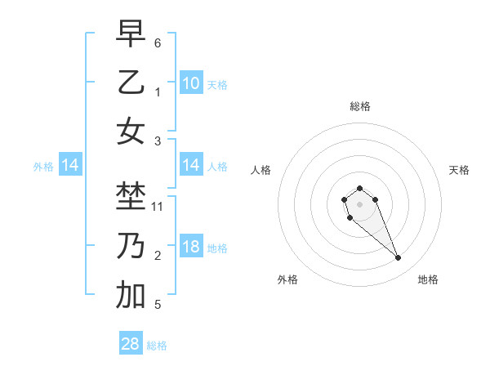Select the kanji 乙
[131, 83]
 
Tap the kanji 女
[131, 132]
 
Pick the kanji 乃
[131, 246]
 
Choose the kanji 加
[131, 296]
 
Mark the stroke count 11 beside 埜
[158, 207]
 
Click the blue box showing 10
[191, 83]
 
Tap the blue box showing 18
[191, 248]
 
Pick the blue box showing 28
[131, 344]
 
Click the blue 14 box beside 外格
[70, 166]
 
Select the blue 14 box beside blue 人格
[191, 166]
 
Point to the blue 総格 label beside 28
[157, 346]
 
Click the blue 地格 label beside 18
[217, 248]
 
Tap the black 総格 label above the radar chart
[359, 106]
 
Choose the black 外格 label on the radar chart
[287, 279]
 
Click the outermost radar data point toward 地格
[399, 258]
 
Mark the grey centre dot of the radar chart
[359, 203]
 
